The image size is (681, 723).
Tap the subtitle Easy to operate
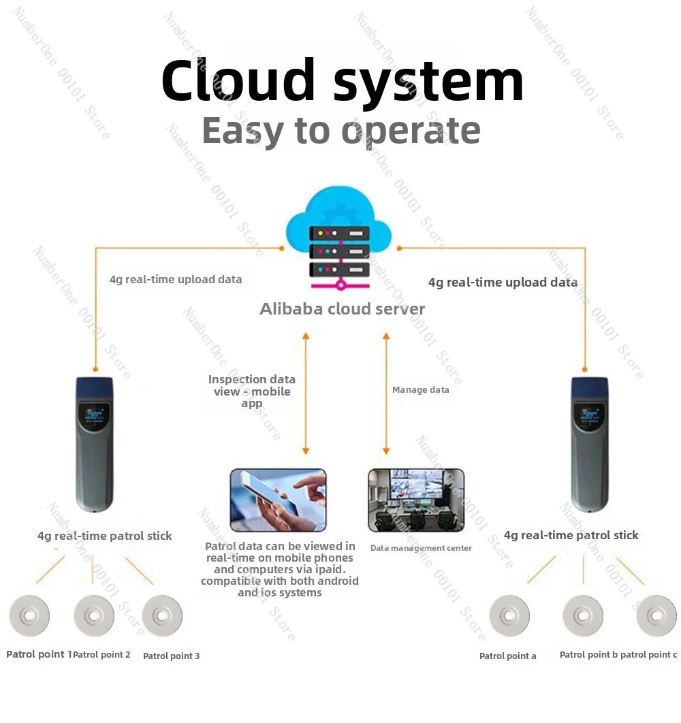(x=341, y=131)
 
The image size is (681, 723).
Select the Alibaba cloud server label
(x=342, y=308)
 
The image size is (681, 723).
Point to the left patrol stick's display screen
(x=95, y=414)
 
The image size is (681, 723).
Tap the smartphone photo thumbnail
(x=279, y=500)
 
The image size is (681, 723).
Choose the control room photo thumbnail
(x=416, y=500)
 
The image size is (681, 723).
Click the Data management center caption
(x=421, y=548)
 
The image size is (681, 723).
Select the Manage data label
(x=420, y=389)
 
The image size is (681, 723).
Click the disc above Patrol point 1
(x=29, y=615)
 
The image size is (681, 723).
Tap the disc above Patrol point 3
(x=162, y=615)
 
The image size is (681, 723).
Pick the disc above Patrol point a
(x=509, y=615)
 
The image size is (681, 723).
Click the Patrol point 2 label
(x=101, y=655)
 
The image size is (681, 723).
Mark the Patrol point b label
(x=588, y=655)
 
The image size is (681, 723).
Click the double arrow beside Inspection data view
(x=306, y=393)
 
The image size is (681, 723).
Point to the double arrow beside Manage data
(x=386, y=393)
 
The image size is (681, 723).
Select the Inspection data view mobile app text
(x=252, y=391)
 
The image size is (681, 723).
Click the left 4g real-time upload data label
(x=176, y=279)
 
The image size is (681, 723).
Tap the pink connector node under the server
(x=340, y=285)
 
